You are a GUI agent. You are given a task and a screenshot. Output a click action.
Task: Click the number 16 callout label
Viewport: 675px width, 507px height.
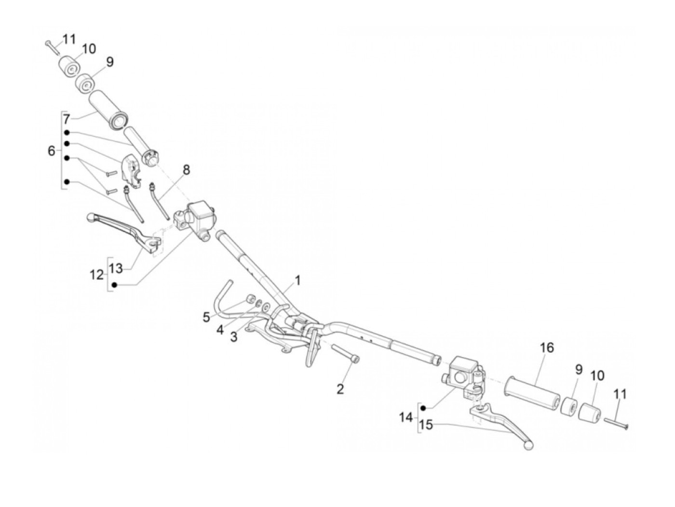point(547,348)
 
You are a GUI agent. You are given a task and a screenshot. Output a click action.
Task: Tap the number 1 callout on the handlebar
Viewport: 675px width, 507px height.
point(297,280)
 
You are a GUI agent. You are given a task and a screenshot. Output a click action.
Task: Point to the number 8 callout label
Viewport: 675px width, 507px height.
point(186,170)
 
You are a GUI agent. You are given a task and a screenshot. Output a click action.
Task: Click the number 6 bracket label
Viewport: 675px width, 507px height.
point(52,151)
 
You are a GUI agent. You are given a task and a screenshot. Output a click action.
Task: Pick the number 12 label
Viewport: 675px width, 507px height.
point(97,275)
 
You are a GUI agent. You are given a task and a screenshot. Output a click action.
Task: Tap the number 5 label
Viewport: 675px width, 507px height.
point(206,317)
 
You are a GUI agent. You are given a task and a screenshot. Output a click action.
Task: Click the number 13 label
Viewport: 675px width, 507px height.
point(116,268)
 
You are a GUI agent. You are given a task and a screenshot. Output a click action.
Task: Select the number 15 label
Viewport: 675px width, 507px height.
point(426,425)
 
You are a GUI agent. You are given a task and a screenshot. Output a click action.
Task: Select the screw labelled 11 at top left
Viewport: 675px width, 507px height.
point(52,46)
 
